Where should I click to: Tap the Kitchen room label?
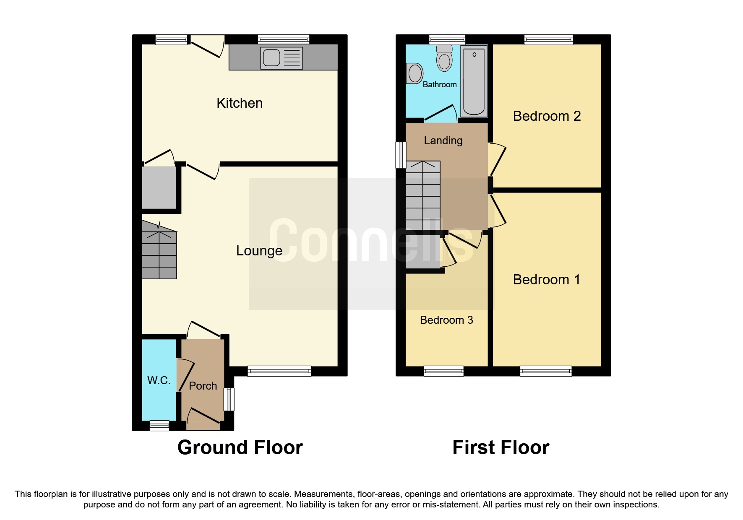click(x=240, y=103)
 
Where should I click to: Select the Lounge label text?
click(x=259, y=251)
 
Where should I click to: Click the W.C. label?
click(x=159, y=380)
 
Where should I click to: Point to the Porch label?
click(x=203, y=386)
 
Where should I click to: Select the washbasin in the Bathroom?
click(x=415, y=74)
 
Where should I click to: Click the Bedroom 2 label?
click(x=546, y=116)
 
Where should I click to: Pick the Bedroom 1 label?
click(x=546, y=280)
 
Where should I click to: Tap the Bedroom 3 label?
click(x=446, y=320)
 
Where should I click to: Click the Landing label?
click(x=443, y=140)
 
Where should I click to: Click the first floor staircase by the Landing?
click(x=423, y=195)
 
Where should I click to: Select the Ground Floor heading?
click(x=240, y=447)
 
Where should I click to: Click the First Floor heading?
click(x=501, y=447)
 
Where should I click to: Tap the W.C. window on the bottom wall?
click(x=159, y=426)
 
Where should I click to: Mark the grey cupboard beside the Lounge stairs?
click(x=159, y=187)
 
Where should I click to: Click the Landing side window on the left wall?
click(x=401, y=155)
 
